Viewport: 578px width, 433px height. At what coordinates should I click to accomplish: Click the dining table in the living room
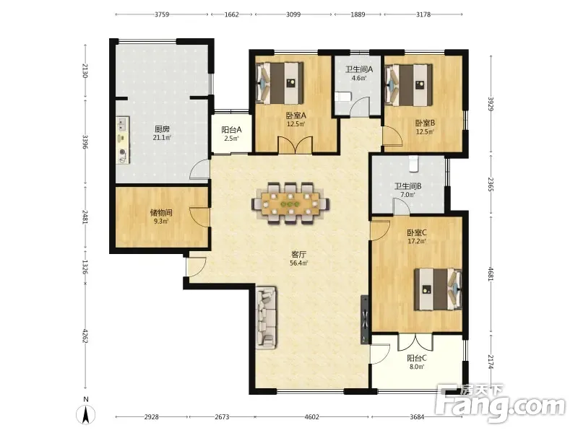pos(291,204)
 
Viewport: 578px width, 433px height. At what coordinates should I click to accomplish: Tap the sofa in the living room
pos(267,318)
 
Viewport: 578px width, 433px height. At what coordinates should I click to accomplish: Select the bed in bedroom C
pos(438,289)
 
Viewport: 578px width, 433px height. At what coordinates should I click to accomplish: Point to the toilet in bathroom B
pos(414,164)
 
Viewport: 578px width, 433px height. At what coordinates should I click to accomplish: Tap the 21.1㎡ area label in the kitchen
pos(162,138)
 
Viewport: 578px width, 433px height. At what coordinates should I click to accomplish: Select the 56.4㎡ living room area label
pos(299,263)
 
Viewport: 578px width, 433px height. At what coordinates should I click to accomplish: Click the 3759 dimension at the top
pos(162,14)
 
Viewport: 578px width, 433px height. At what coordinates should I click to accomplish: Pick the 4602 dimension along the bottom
pos(312,417)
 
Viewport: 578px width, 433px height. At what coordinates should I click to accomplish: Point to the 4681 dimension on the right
pos(491,274)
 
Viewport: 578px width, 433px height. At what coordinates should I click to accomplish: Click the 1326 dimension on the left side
pos(85,267)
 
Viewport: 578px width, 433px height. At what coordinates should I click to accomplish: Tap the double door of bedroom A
pos(296,145)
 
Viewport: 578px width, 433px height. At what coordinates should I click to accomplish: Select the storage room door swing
pos(199,217)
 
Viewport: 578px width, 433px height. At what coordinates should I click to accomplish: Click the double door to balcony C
pos(415,342)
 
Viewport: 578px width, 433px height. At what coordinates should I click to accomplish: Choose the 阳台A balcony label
pos(231,130)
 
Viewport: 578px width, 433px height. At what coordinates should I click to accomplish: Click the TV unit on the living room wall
pos(365,319)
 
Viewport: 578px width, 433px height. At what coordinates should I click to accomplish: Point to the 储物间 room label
pos(161,212)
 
